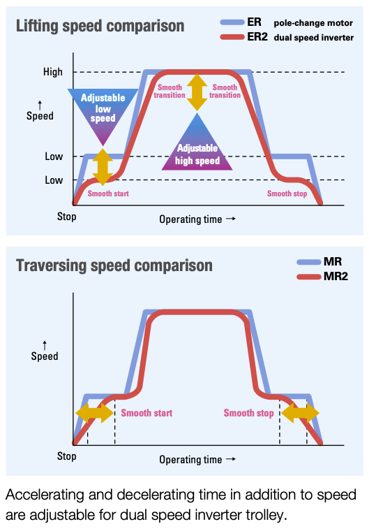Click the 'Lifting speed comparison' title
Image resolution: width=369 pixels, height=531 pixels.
point(100,27)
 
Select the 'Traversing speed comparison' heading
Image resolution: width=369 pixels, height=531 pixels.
point(114,265)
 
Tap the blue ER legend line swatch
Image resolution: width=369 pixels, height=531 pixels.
point(232,22)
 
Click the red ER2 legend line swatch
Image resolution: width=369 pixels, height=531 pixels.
point(232,37)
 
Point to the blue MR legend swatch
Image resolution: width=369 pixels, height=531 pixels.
point(309,262)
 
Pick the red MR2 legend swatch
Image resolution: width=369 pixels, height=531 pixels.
point(309,277)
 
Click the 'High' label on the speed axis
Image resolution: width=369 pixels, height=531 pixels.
point(53,72)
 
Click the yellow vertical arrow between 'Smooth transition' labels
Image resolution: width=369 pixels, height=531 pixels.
point(197,92)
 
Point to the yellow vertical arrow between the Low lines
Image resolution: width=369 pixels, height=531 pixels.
point(103,167)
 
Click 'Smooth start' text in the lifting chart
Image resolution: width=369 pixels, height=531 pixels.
point(108,194)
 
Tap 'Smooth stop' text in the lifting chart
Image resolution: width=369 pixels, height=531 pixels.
point(287,194)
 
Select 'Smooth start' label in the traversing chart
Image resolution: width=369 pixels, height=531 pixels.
point(146,413)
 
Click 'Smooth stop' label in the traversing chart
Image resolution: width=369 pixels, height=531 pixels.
point(248,413)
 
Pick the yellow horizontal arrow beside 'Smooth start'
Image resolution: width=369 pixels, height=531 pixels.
point(95,413)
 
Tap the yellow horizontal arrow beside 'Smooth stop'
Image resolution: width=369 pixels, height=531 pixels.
point(300,413)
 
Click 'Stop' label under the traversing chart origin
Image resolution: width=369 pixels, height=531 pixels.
point(67,456)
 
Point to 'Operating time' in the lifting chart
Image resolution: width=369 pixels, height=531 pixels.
point(190,219)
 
